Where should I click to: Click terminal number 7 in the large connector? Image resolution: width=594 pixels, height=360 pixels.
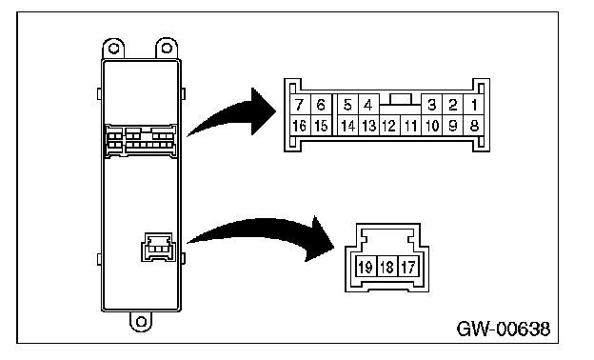300,105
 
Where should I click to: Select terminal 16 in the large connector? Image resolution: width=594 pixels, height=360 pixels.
300,126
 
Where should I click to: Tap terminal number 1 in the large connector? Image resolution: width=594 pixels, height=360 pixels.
474,105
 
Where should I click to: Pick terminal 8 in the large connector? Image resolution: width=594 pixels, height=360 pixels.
474,126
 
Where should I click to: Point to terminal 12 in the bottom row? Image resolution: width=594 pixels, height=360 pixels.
389,126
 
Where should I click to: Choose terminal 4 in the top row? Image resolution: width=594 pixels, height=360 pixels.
368,105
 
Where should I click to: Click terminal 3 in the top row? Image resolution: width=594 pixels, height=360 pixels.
431,105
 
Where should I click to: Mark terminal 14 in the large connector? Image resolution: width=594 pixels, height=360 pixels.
347,126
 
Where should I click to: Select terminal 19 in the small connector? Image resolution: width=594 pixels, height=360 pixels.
366,267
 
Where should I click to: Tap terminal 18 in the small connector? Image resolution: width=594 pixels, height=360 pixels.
386,267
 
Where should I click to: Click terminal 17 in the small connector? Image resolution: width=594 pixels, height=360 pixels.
408,267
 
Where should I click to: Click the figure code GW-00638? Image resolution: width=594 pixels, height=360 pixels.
504,329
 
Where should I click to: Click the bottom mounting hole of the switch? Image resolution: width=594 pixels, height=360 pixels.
141,322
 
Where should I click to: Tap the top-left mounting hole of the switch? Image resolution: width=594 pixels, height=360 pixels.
113,49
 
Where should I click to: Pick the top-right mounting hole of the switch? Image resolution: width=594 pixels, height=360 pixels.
167,48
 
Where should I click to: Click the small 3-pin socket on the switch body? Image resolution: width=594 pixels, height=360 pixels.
158,247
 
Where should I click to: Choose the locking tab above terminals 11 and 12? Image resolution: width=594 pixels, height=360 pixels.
401,99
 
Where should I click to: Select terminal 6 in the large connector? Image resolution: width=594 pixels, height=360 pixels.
321,105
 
